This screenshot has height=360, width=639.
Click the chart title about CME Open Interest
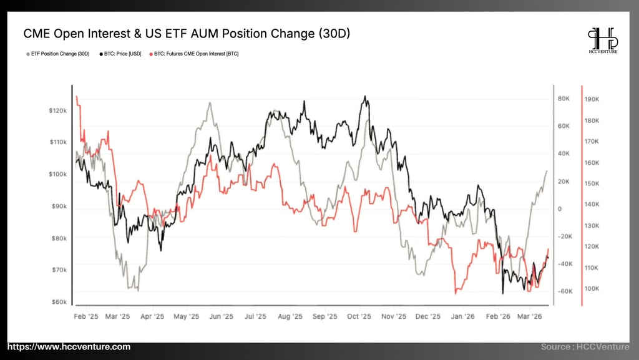pos(187,34)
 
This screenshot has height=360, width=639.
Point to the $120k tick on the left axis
pos(57,110)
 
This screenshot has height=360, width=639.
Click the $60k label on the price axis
pos(59,302)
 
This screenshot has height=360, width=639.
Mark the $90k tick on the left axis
pos(59,206)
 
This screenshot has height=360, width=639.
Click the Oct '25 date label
pos(359,316)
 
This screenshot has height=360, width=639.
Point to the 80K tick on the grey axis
pos(564,99)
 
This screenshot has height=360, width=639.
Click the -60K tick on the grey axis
pos(565,291)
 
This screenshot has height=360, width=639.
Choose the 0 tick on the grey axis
pos(560,209)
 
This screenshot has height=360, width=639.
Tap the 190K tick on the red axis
pos(592,99)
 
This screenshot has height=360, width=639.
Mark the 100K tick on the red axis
pos(592,289)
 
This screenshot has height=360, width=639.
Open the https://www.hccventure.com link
pos(69,347)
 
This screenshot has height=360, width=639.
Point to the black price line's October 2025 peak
pos(365,97)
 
